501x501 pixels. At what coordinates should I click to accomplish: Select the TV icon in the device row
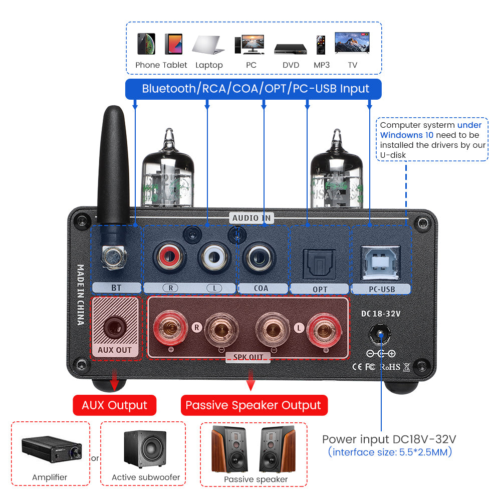(x=352, y=44)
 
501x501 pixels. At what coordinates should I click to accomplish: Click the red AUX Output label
(x=115, y=405)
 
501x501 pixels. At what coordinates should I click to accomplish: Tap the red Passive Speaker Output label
(x=254, y=405)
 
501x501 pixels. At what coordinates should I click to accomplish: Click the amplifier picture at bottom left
(x=51, y=447)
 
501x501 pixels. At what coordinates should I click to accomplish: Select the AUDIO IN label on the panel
(x=252, y=218)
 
